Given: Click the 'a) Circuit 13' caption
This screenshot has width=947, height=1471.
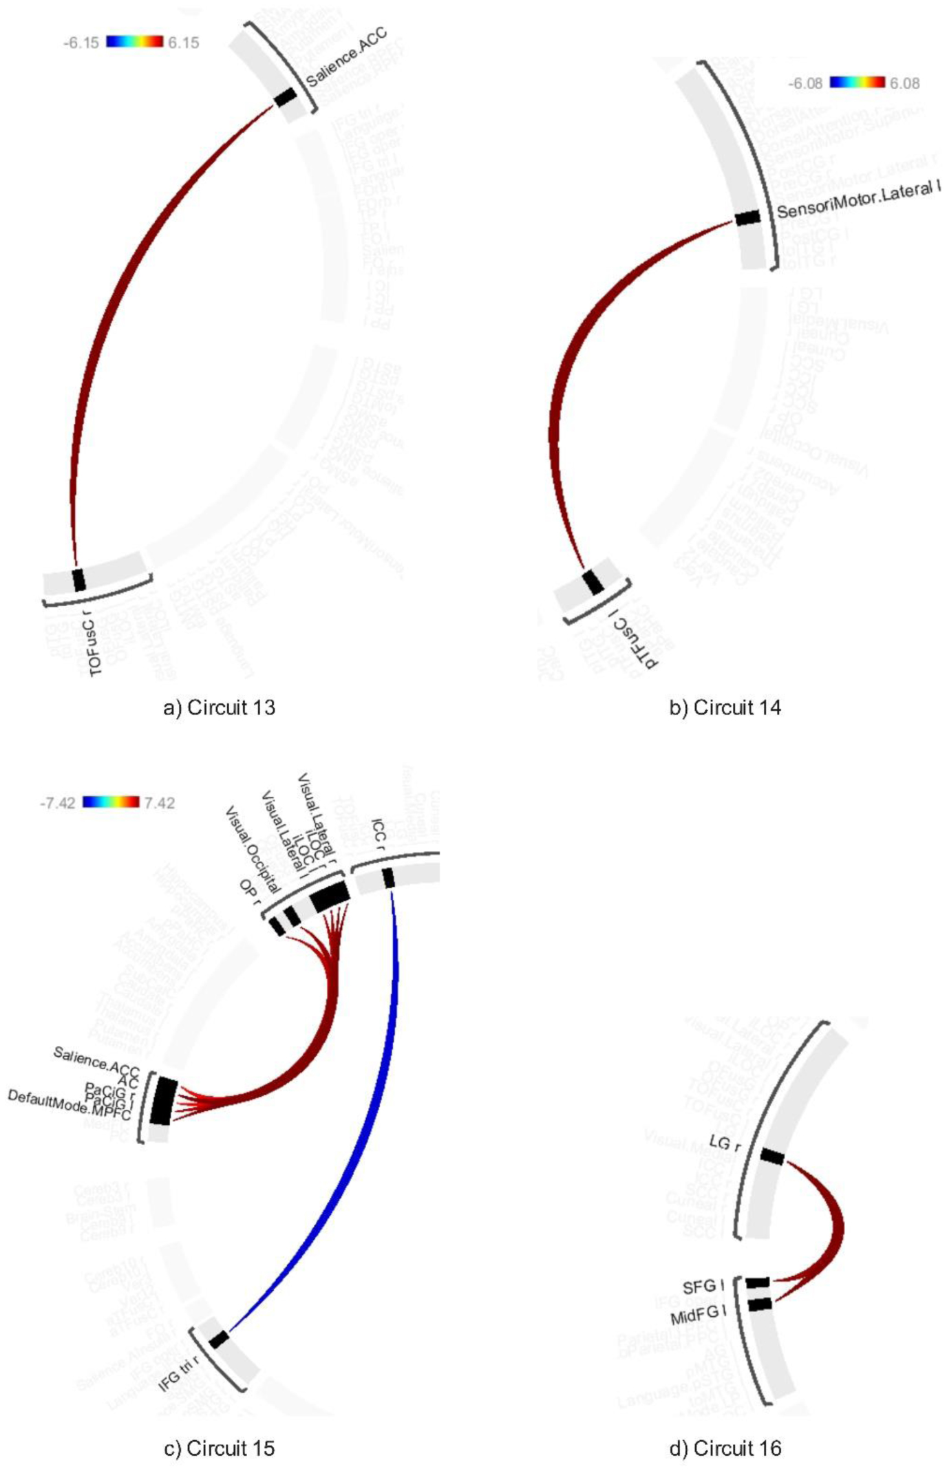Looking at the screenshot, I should [219, 707].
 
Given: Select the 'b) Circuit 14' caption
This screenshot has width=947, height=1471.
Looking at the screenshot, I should [725, 707].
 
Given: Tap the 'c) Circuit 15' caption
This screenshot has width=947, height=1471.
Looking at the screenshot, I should [219, 1448].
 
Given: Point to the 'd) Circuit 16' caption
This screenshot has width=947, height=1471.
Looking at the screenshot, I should [725, 1448].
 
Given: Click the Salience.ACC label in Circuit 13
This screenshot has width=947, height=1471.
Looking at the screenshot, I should [346, 58].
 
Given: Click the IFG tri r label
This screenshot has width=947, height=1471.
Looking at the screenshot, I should [179, 1374].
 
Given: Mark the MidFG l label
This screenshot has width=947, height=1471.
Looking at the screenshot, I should [698, 1315].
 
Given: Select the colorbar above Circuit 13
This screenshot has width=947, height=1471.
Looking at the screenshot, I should [135, 42].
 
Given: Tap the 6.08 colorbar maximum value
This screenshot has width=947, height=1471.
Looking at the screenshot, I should [904, 83].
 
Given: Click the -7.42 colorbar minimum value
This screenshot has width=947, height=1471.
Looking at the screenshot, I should [58, 803].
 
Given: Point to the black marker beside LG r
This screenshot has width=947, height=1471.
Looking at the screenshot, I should [772, 1157].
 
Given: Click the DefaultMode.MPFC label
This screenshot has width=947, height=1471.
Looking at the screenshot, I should [69, 1104].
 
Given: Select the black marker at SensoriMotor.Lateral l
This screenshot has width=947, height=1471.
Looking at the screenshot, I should [747, 218].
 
